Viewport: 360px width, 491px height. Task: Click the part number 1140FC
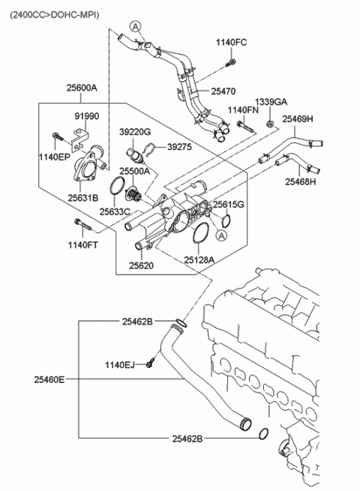tap(231, 42)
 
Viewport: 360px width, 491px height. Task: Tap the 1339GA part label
tap(271, 101)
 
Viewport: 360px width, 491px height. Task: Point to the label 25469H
tap(298, 118)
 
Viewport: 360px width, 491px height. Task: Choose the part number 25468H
tap(300, 181)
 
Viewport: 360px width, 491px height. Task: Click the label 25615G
tap(228, 204)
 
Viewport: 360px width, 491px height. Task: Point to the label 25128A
tap(199, 259)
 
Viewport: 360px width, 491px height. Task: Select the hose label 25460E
tap(48, 379)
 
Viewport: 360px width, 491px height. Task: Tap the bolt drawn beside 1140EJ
tap(151, 364)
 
